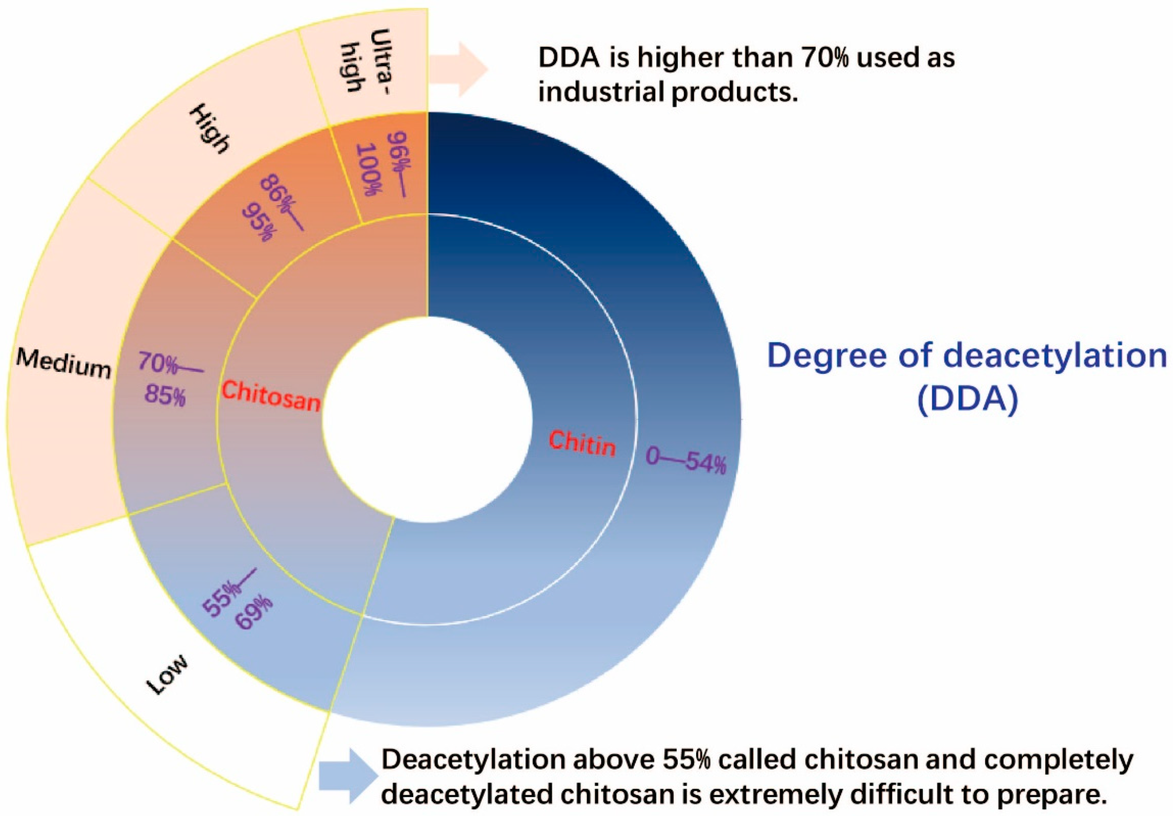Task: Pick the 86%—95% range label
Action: (x=276, y=207)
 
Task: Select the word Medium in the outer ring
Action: (x=63, y=362)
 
